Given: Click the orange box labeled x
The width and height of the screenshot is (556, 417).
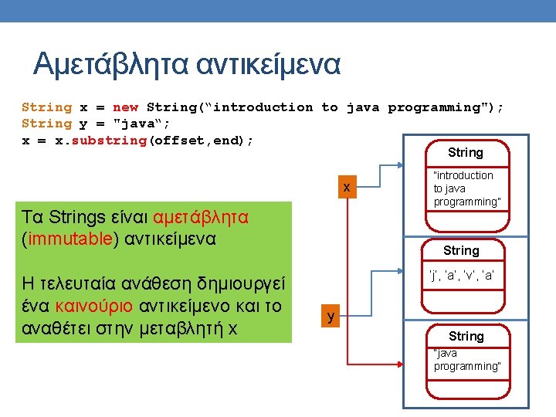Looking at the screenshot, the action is click(347, 188).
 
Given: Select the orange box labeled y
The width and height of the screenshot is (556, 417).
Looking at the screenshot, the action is click(331, 317).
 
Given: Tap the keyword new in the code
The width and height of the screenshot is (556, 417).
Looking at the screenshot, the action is click(125, 107).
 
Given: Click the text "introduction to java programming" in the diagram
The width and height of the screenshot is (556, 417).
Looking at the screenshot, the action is click(466, 188).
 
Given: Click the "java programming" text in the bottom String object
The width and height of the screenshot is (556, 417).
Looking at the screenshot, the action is click(466, 360).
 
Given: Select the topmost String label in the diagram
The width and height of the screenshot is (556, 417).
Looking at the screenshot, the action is click(465, 153).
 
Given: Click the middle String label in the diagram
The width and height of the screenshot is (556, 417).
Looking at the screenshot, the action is click(461, 251).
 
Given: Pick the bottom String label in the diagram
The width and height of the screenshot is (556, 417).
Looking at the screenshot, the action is click(466, 337).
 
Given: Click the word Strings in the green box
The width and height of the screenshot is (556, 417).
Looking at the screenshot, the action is click(86, 217).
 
